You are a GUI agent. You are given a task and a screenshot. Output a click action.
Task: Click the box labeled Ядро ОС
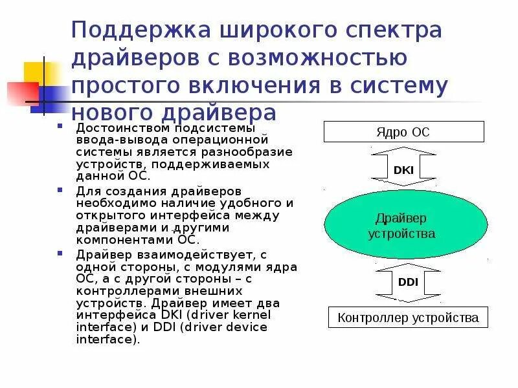pyautogui.click(x=403, y=133)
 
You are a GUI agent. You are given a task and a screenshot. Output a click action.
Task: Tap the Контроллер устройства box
pyautogui.click(x=408, y=318)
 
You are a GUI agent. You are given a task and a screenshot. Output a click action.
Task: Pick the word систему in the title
pyautogui.click(x=397, y=86)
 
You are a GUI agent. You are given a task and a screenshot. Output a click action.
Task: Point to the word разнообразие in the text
pyautogui.click(x=254, y=151)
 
